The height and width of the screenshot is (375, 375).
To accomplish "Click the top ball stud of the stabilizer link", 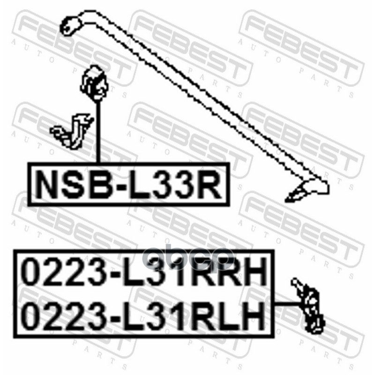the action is point(296,283).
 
